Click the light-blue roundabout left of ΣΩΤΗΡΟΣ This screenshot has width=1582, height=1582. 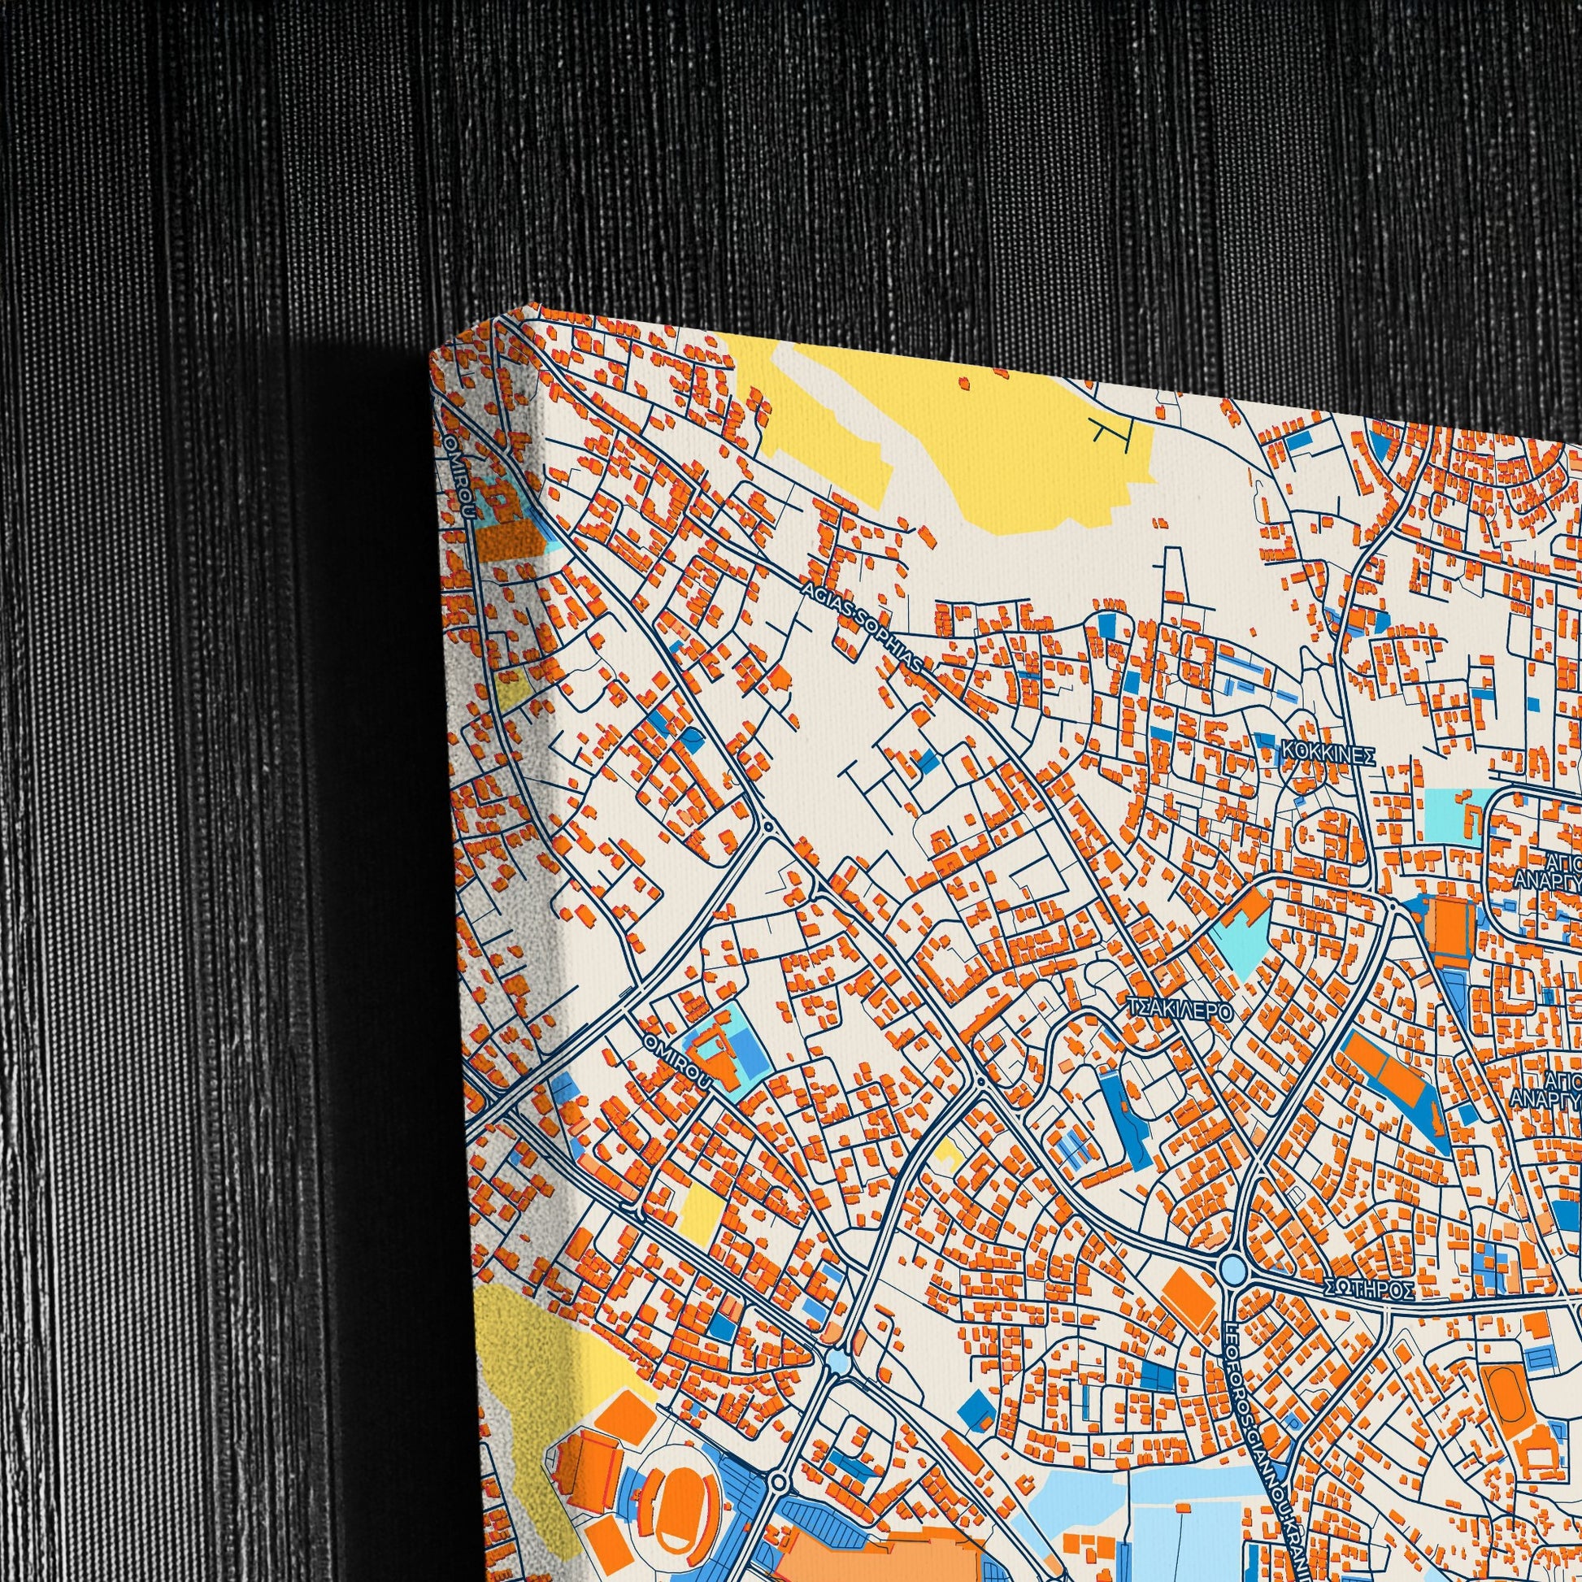click(x=1232, y=1271)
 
